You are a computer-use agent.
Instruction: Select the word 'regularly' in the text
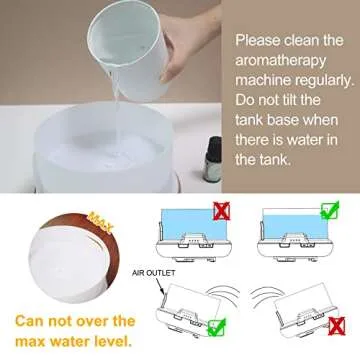point(317,85)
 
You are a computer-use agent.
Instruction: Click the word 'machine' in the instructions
point(266,85)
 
